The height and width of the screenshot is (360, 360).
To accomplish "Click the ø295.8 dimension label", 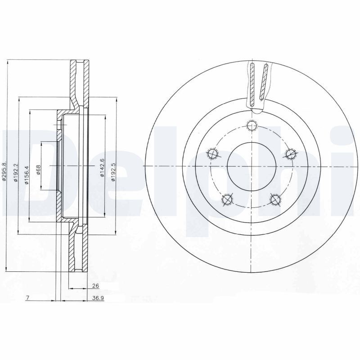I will [4, 171].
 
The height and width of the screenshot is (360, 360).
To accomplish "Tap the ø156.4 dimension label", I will [27, 174].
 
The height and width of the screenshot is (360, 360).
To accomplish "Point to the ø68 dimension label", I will [38, 170].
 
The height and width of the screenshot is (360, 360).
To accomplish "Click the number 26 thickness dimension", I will [95, 286].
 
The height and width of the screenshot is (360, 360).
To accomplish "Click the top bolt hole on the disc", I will [252, 126].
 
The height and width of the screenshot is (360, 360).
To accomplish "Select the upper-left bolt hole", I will [213, 154].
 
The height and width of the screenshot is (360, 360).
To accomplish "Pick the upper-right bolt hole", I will [292, 154].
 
